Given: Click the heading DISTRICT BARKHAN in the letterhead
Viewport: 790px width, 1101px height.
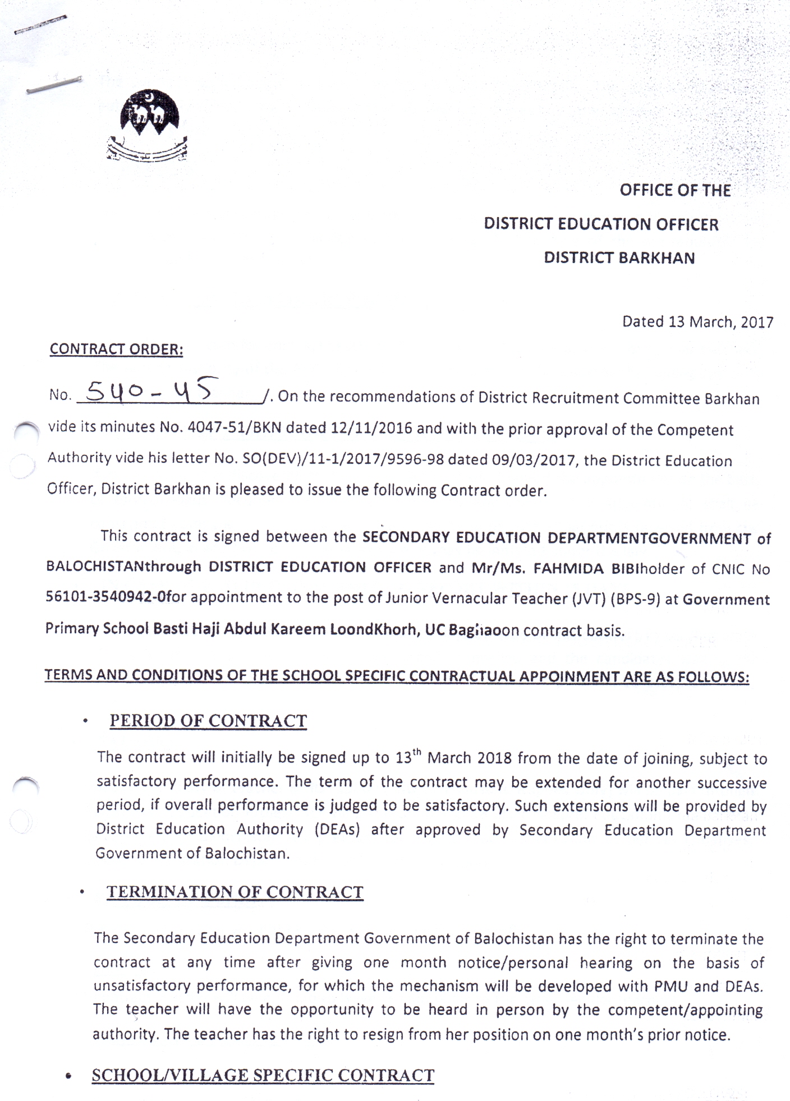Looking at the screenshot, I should point(619,258).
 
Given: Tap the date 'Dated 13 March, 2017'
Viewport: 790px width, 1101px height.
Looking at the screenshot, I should point(697,322).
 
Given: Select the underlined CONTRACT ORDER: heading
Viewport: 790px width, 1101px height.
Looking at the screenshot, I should point(116,349).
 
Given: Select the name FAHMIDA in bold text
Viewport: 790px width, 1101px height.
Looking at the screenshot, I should point(568,569).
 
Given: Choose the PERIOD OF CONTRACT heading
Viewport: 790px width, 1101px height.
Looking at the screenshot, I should point(208,721).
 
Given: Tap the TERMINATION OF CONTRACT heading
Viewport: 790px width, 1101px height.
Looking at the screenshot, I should point(235,892).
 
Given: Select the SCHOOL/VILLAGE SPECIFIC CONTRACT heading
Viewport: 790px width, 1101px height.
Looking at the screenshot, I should point(263,1075).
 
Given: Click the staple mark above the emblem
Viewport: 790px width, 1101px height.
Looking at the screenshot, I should point(54,84).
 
